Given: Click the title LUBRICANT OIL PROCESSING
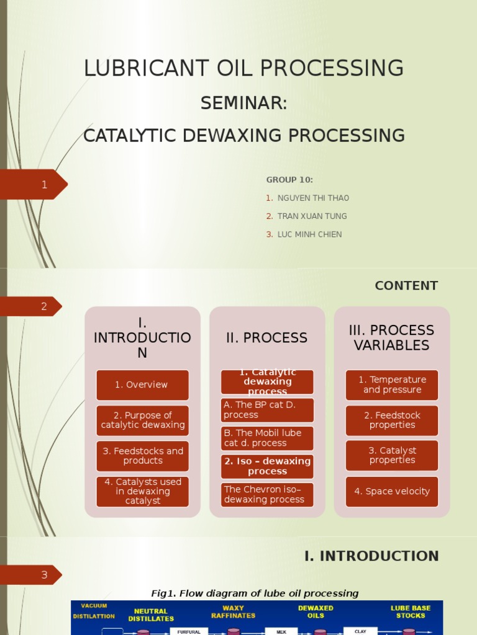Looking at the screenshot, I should click(x=243, y=68).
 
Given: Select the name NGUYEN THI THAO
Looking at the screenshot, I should click(x=313, y=198).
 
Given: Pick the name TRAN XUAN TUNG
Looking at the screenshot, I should click(x=312, y=216).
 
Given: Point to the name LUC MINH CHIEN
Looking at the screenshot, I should click(x=309, y=234).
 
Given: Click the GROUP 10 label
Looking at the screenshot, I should click(x=289, y=180).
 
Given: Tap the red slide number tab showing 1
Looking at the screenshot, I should click(x=37, y=185).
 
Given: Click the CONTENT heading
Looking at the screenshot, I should click(x=406, y=286).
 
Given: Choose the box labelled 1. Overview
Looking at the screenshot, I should click(x=142, y=385).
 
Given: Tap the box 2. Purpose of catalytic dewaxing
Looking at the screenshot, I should click(x=142, y=420).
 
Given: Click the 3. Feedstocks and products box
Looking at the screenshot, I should click(x=142, y=456).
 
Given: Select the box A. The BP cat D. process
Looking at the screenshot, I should click(x=267, y=410).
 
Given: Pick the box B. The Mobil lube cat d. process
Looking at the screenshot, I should click(x=267, y=438).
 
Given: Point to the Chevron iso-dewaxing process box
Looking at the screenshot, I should click(x=267, y=495).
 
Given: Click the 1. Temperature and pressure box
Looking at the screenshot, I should click(x=392, y=385).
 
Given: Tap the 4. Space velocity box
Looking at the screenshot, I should click(x=392, y=492).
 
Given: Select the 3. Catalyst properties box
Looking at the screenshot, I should click(x=392, y=456).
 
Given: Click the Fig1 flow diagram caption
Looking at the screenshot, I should click(x=255, y=593).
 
